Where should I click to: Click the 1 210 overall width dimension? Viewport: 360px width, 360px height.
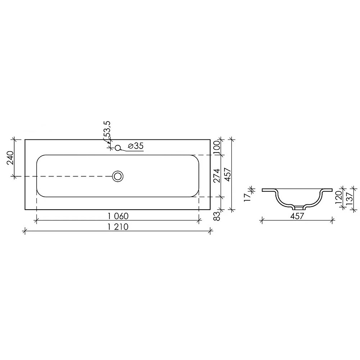tap(118, 227)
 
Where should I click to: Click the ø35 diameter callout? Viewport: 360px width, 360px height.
tap(135, 146)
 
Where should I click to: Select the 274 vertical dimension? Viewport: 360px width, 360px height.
tap(216, 175)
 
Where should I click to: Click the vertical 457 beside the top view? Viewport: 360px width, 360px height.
tap(227, 174)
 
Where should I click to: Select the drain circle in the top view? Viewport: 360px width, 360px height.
tap(118, 176)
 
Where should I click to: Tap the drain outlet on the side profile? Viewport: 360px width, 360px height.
tap(297, 208)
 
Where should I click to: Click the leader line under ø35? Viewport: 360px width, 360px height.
tap(133, 151)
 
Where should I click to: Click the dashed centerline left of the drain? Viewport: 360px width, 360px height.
tap(67, 176)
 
